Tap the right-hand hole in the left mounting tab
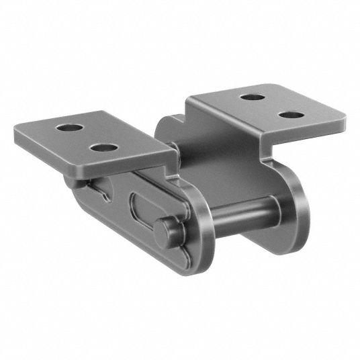[102, 145]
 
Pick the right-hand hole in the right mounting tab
[289, 114]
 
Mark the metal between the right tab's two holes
[270, 106]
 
